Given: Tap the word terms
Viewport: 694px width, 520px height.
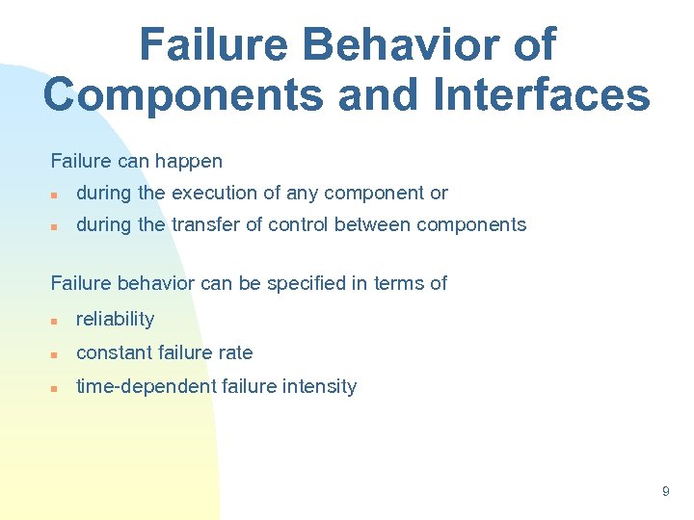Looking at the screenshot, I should click(x=400, y=283).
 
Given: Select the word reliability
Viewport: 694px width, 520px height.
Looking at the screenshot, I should click(x=115, y=319).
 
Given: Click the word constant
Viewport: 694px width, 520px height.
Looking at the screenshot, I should click(x=112, y=352).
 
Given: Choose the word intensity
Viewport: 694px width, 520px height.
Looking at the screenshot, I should click(x=320, y=386).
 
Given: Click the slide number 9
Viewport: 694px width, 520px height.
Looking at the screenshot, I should click(x=665, y=492).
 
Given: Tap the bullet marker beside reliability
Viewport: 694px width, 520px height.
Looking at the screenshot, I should click(x=56, y=320).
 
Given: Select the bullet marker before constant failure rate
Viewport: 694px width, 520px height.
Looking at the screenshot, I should click(x=56, y=353).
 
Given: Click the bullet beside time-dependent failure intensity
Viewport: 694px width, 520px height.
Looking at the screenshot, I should click(x=56, y=387).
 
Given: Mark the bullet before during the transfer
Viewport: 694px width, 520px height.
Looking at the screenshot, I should click(x=56, y=225).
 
